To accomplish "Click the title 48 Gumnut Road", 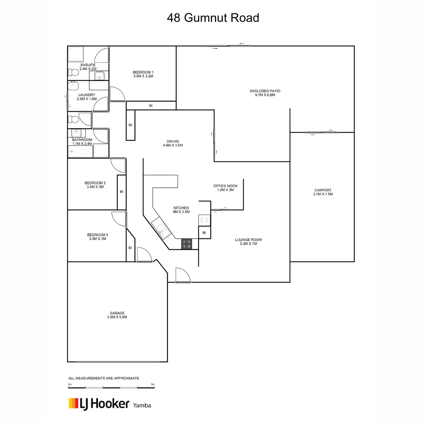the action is point(213,18).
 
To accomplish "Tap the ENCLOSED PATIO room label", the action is point(265,91).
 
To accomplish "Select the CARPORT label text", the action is point(323,190).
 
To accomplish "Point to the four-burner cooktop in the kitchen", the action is point(186,244).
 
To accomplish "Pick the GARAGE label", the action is point(117,313).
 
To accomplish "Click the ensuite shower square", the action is point(76,54).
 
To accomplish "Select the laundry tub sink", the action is point(73,86).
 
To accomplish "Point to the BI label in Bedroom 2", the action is point(121,192).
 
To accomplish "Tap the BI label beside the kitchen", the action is point(204,233).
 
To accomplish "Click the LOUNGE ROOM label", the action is point(248,240).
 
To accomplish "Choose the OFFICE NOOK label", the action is point(225,186).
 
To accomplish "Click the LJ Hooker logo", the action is point(99,404).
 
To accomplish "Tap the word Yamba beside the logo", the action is point(142,405).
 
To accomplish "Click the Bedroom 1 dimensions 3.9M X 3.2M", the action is point(143,76).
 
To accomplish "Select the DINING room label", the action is point(173,141).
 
